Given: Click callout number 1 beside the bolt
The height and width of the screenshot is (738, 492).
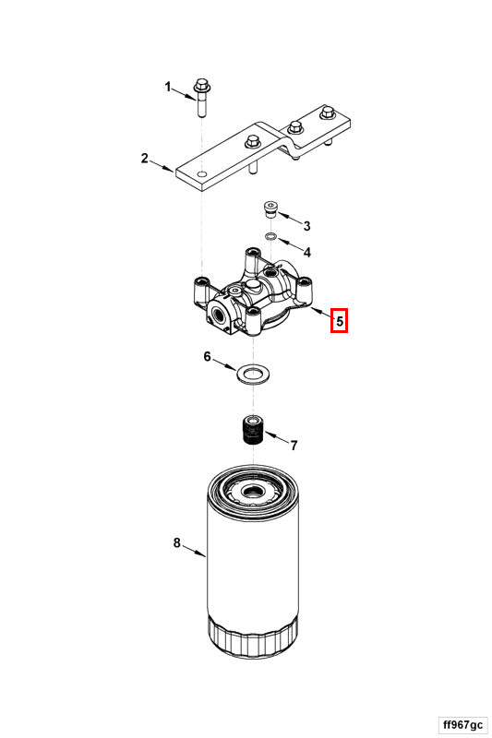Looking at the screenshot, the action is (x=168, y=87).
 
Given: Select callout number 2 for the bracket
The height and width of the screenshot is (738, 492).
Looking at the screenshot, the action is (x=145, y=159).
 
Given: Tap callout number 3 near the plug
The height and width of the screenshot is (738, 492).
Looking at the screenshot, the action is (x=307, y=226).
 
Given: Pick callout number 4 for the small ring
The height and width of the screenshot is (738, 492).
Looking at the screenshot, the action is (x=307, y=252).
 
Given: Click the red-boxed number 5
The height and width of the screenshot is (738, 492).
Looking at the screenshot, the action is (x=339, y=321).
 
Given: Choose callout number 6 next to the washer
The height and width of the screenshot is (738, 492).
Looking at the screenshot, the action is (x=207, y=357).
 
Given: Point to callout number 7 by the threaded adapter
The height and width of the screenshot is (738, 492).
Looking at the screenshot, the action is (x=294, y=446).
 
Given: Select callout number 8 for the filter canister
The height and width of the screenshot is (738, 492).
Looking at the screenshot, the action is (x=176, y=543).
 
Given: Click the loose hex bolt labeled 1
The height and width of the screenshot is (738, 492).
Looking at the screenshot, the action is (x=202, y=98).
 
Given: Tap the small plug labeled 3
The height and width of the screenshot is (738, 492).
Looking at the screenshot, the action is (x=270, y=209).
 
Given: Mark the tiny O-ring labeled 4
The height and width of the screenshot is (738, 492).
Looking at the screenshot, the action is (x=270, y=236).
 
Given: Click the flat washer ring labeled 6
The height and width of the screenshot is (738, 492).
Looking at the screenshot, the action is (x=253, y=375).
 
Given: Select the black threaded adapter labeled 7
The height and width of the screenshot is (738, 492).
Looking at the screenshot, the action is (x=253, y=431).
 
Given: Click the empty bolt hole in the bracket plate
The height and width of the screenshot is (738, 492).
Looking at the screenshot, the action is (x=202, y=174).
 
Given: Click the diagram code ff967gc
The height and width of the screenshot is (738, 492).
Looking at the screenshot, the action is (x=462, y=724).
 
